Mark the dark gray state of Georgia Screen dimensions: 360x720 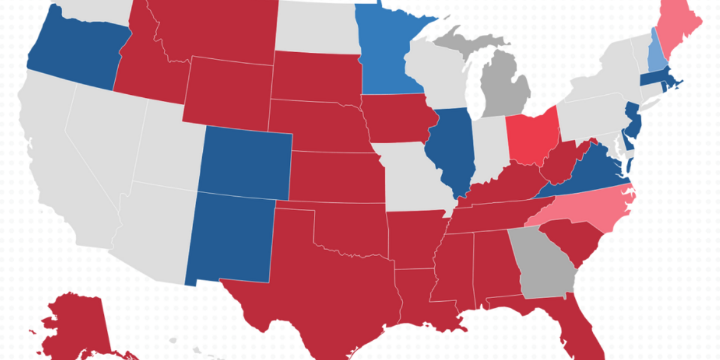click(x=543, y=264)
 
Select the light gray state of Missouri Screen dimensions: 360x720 click(x=414, y=174)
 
